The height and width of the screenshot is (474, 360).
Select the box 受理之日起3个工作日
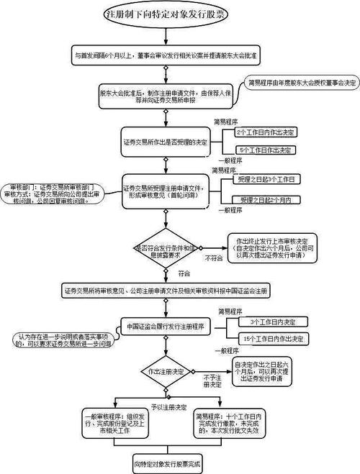pyautogui.click(x=264, y=178)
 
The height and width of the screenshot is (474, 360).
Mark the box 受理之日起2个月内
pyautogui.click(x=264, y=199)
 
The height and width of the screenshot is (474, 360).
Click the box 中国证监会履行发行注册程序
pyautogui.click(x=166, y=326)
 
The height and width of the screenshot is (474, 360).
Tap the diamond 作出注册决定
pyautogui.click(x=166, y=370)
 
